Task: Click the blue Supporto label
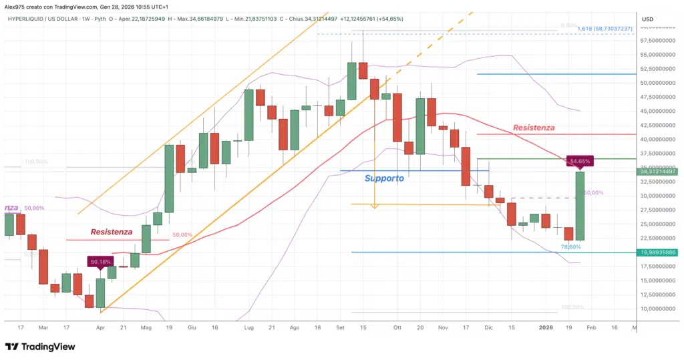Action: tap(384, 178)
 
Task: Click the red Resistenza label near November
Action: tap(533, 127)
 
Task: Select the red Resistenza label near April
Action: tap(112, 232)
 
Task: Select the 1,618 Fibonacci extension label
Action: tap(605, 29)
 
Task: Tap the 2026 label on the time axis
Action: tap(546, 327)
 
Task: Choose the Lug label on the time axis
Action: tap(249, 327)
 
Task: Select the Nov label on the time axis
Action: tap(443, 327)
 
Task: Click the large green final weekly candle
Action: tap(580, 206)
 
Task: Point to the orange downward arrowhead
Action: tap(374, 206)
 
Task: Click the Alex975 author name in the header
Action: tap(17, 5)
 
